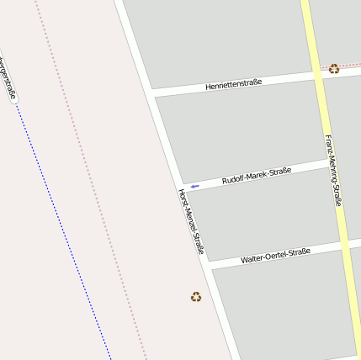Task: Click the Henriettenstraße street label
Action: tap(234, 83)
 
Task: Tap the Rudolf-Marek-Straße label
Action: tap(256, 176)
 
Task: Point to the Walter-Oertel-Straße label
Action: tap(275, 255)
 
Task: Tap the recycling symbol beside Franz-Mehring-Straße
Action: tap(334, 69)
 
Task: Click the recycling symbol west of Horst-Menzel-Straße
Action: tap(196, 296)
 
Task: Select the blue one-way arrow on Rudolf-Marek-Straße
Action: tap(194, 186)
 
